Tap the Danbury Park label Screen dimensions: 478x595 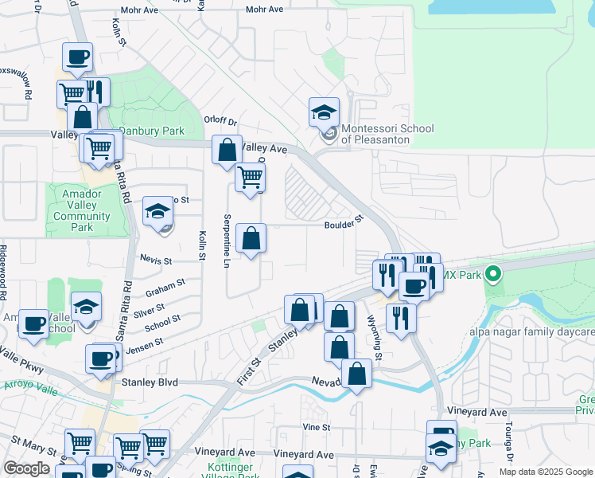(151, 131)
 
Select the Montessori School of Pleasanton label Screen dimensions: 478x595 (387, 134)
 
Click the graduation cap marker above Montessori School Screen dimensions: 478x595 (325, 112)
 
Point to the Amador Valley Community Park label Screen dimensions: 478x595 (77, 210)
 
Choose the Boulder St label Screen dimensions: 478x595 (344, 225)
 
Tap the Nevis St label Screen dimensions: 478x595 (156, 261)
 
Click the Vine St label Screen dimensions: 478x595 (316, 427)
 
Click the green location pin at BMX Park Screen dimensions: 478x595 (493, 275)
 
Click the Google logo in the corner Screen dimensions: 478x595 (26, 468)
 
